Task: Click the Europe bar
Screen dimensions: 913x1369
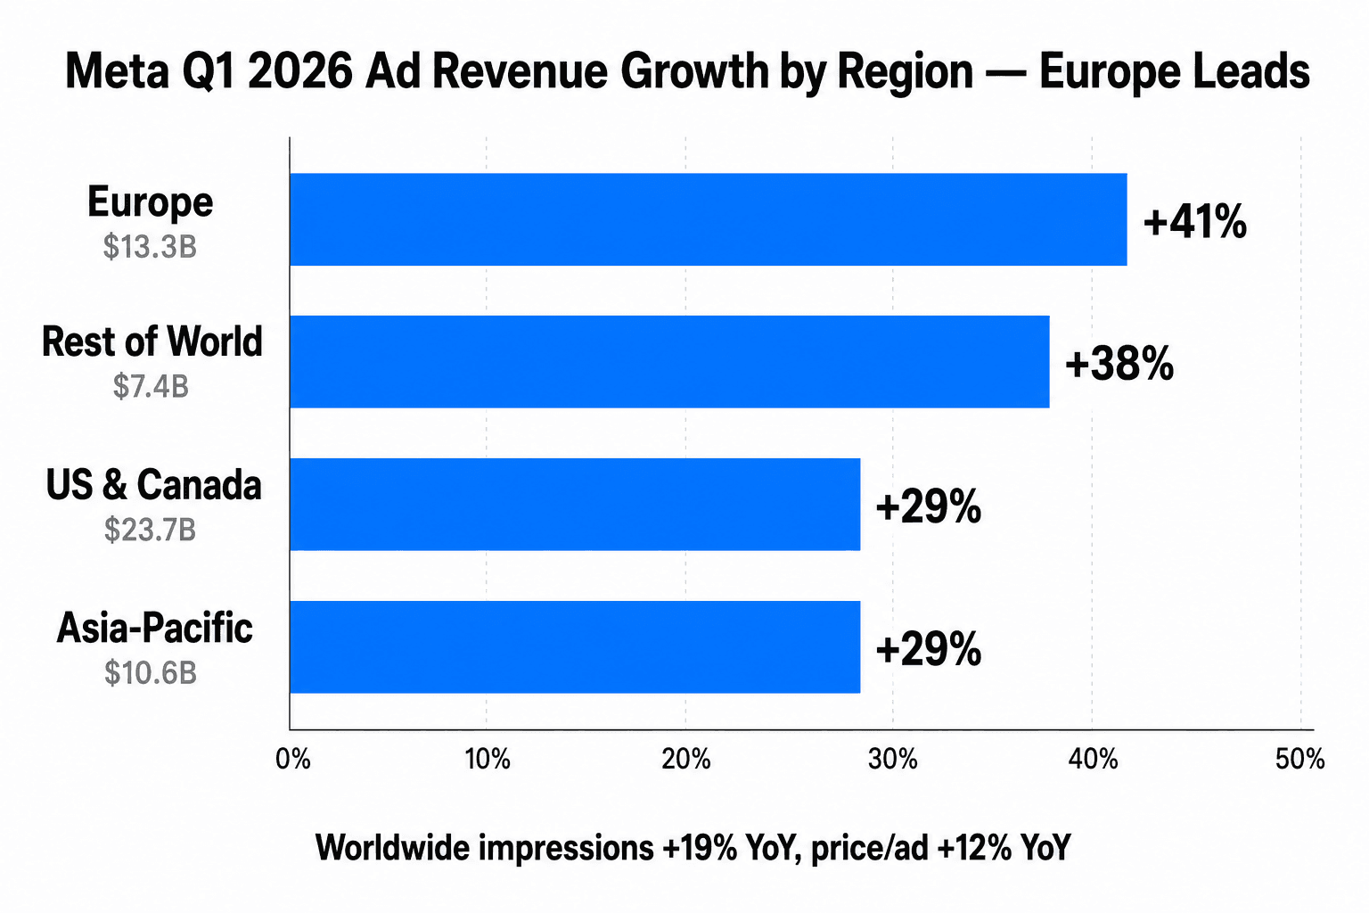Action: [708, 219]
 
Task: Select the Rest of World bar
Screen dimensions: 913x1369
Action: [668, 361]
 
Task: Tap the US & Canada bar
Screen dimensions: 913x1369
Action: [575, 504]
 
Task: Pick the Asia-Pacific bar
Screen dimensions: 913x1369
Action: [575, 646]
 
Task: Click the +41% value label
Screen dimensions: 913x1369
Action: [1194, 221]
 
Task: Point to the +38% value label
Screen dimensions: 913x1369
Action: [1119, 364]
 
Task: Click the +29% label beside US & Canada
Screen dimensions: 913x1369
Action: [928, 506]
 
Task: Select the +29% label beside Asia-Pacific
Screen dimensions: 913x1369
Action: [928, 649]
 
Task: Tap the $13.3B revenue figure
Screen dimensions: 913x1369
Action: [150, 246]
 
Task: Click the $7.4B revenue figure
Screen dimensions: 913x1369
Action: [151, 387]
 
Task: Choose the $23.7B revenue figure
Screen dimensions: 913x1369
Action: [150, 530]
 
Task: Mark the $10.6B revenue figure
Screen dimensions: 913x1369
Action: [150, 672]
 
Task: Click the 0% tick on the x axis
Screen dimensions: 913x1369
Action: [292, 759]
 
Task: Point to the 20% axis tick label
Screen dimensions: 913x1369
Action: [686, 759]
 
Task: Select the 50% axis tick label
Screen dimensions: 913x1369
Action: [1299, 759]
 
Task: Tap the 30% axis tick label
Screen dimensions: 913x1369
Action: [892, 759]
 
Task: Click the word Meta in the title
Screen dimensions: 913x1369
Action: [116, 71]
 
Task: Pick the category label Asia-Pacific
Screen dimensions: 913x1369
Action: [154, 628]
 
